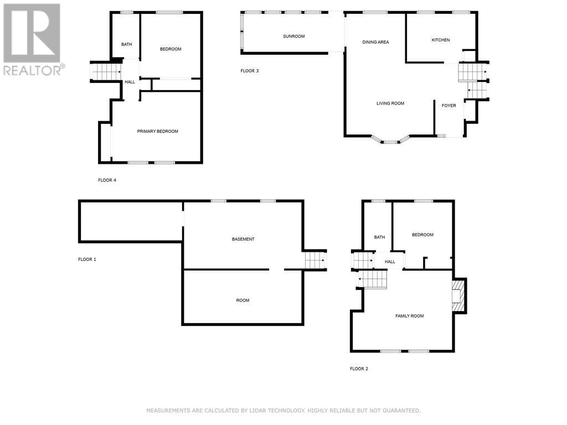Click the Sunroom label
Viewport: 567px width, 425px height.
[293, 36]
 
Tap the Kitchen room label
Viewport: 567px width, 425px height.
[440, 40]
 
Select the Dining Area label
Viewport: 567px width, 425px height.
[375, 42]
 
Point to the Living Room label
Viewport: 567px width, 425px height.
[390, 103]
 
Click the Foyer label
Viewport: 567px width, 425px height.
[449, 106]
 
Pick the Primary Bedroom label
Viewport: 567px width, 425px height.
[157, 132]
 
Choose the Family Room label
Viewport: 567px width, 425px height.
[409, 316]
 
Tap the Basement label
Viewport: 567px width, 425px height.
[243, 239]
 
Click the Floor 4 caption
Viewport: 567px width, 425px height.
[107, 180]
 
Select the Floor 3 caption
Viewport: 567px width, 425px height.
[250, 71]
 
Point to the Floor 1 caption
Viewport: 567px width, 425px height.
[87, 260]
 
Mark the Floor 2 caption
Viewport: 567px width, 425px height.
[359, 369]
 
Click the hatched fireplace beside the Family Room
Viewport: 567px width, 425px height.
[457, 296]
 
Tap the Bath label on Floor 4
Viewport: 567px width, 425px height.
[127, 44]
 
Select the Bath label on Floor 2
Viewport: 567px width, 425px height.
[379, 237]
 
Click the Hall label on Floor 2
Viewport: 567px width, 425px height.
[390, 262]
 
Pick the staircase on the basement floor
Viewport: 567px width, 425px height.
[315, 260]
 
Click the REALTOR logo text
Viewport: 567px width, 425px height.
[34, 70]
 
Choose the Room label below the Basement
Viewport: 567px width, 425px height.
[243, 300]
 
